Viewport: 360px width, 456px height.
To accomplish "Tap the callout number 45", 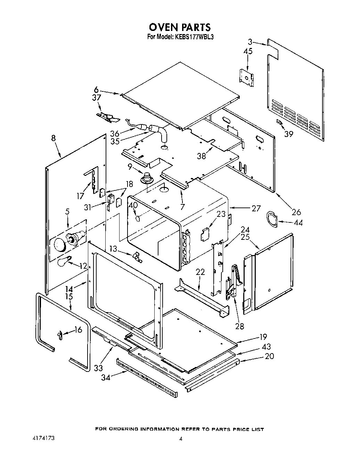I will (247, 51).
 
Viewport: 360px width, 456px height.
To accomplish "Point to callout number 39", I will (288, 134).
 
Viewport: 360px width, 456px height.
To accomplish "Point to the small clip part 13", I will (136, 256).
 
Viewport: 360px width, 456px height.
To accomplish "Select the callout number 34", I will (106, 377).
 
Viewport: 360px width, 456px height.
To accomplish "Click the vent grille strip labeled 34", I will (148, 378).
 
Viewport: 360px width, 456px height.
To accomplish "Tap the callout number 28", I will (239, 326).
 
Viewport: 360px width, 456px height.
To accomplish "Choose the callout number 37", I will (96, 98).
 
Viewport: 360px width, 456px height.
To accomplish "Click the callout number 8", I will (53, 138).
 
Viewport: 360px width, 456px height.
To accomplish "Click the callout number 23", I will (221, 214).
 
